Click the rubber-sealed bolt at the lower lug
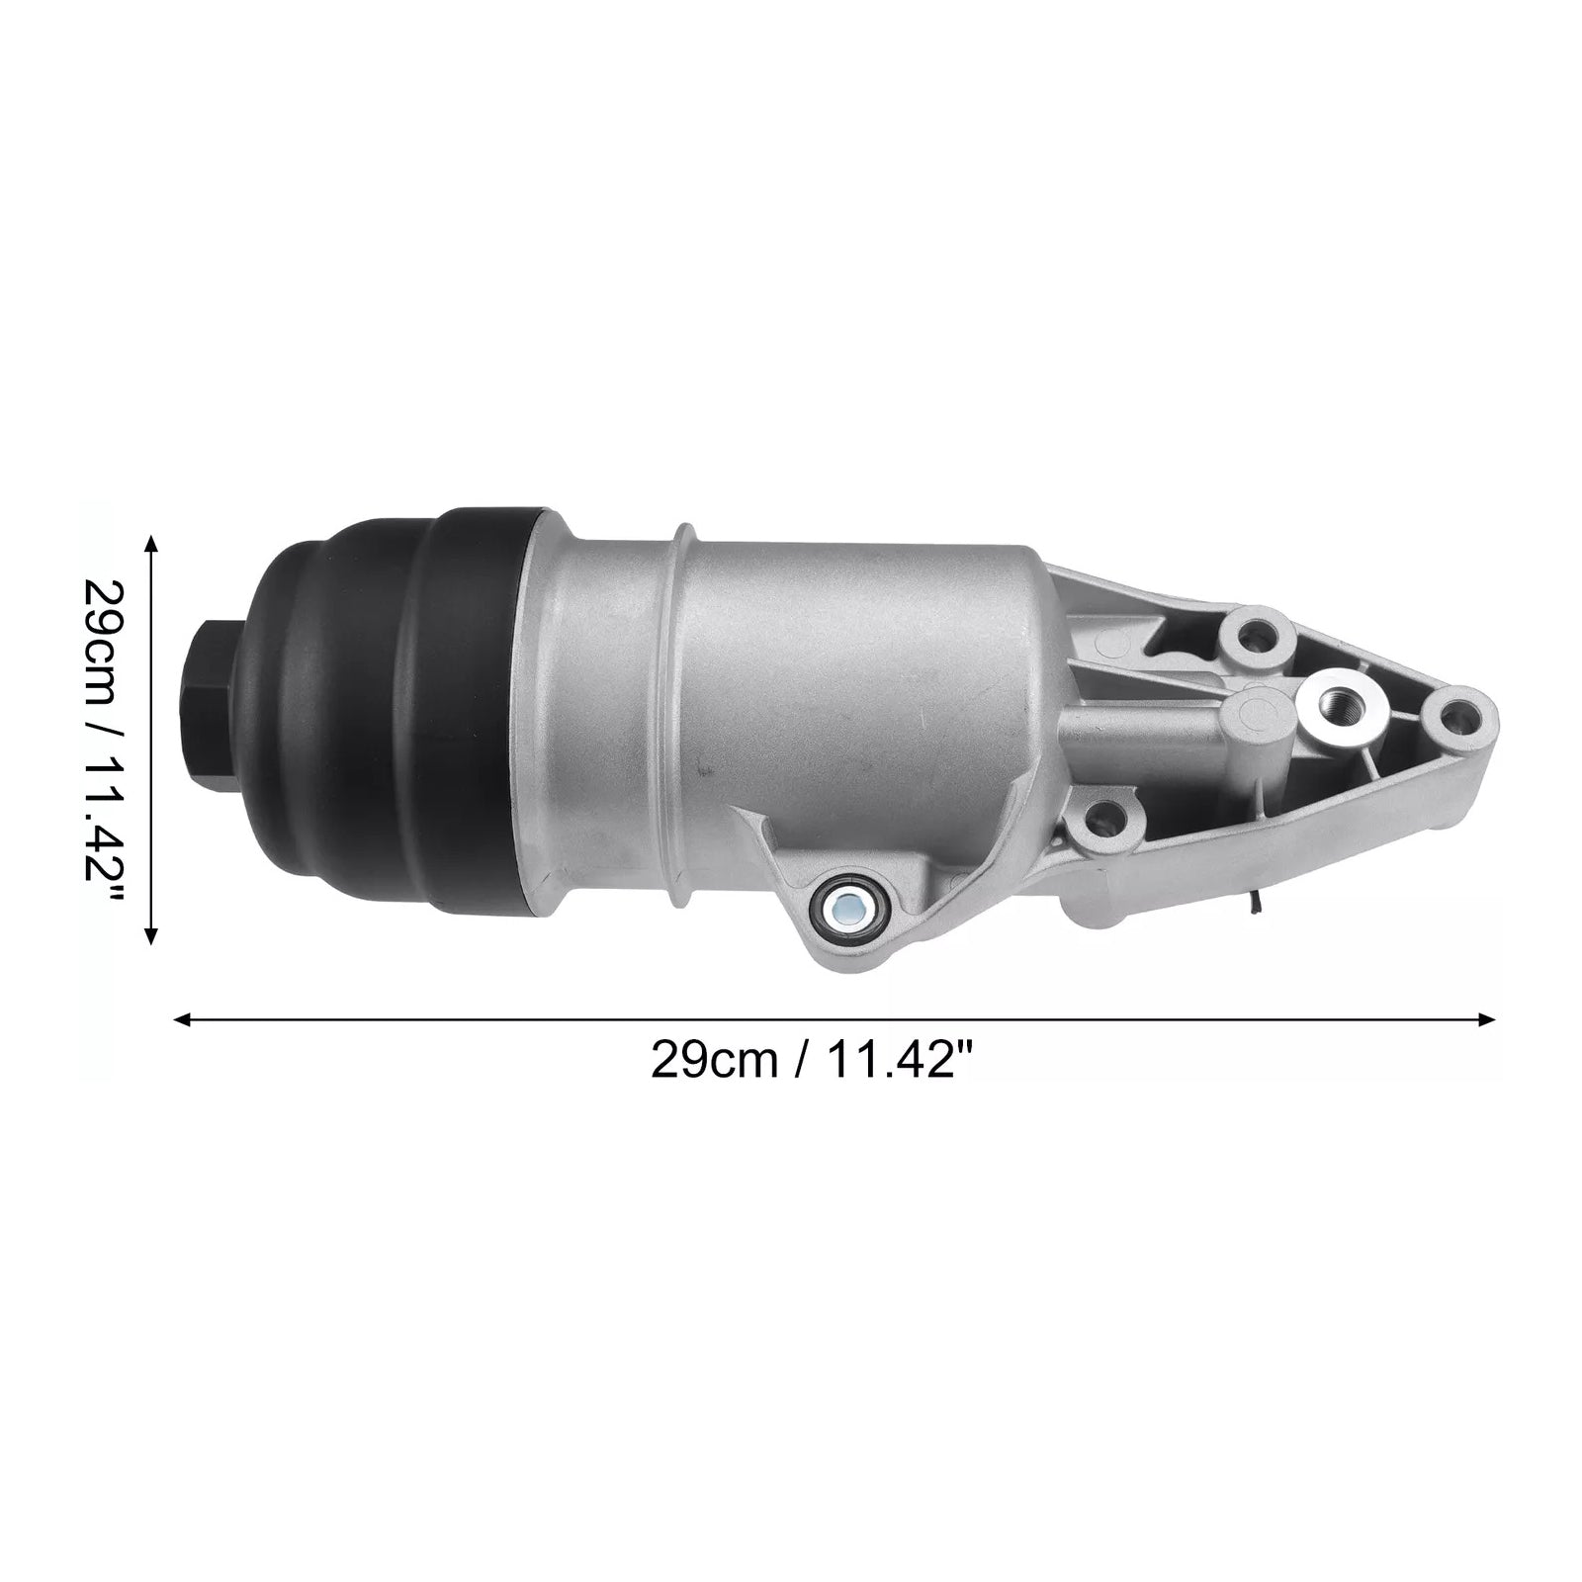[847, 902]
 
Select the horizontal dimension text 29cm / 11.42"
[812, 1063]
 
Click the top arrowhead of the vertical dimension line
[151, 543]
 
